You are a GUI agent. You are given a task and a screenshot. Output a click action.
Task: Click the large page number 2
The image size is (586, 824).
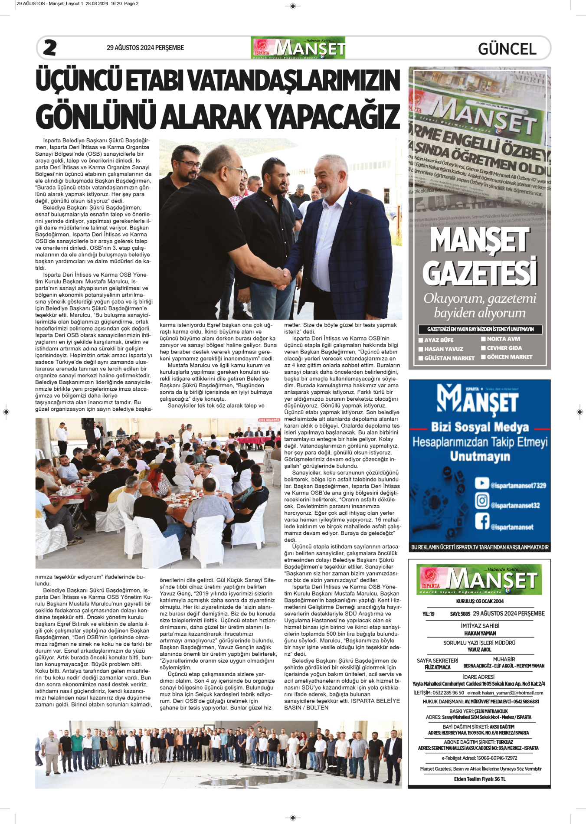point(50,48)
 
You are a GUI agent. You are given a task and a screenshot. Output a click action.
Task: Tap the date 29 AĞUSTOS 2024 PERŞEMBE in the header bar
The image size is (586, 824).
point(145,48)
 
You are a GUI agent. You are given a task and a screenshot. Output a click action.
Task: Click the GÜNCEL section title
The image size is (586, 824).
point(507,49)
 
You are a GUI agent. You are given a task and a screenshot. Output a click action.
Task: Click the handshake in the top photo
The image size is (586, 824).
point(282,277)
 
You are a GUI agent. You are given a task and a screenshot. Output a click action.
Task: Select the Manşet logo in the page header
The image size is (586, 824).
point(298,48)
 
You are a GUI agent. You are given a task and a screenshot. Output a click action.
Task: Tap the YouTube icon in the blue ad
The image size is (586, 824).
point(482,483)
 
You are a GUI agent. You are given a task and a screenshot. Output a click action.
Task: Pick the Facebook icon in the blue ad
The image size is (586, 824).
point(482,520)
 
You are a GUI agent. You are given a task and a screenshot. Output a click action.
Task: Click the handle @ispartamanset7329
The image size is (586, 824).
point(518,486)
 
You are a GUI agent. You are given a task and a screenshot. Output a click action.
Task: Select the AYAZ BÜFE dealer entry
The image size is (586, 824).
point(439,340)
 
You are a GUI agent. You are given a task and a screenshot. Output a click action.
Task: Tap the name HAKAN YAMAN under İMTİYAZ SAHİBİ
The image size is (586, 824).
point(480,633)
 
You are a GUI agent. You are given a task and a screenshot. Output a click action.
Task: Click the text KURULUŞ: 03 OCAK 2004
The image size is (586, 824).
point(480,602)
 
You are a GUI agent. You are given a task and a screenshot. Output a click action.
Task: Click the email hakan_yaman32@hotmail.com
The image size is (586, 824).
point(512,693)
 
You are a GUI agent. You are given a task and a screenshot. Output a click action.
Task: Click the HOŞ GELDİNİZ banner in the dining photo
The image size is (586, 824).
point(269,420)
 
